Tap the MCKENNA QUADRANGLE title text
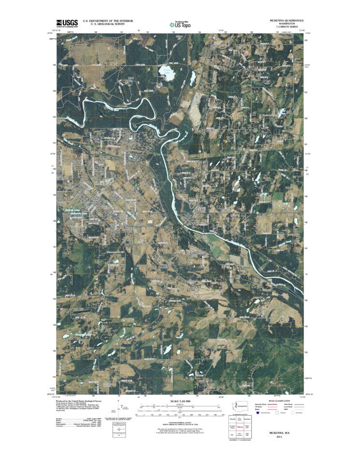[287, 20]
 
